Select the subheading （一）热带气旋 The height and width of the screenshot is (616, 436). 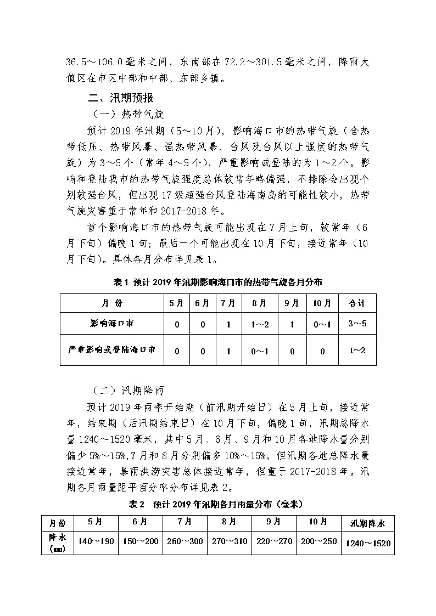(x=128, y=114)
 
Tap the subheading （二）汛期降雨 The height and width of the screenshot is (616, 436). (x=128, y=391)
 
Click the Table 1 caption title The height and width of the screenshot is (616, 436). (x=217, y=282)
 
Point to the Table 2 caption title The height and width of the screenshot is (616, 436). (x=217, y=504)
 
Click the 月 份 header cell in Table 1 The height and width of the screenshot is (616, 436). (x=111, y=303)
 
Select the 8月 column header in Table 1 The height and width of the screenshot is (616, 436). (x=260, y=303)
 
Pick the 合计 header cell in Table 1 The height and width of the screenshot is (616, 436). (x=357, y=303)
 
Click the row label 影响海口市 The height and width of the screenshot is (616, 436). (x=111, y=324)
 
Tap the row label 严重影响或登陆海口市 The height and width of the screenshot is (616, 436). (x=111, y=349)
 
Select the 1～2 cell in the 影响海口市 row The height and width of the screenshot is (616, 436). (x=260, y=324)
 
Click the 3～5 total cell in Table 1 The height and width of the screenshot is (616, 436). (x=357, y=324)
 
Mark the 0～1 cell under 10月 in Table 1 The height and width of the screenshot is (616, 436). (x=322, y=324)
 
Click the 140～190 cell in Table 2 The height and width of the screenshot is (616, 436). (x=96, y=541)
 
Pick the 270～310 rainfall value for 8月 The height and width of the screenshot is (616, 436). (x=229, y=541)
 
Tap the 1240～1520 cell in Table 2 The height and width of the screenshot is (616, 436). (x=368, y=543)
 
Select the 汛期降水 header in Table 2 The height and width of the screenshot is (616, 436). (x=368, y=523)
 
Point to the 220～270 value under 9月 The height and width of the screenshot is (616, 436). (x=274, y=541)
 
